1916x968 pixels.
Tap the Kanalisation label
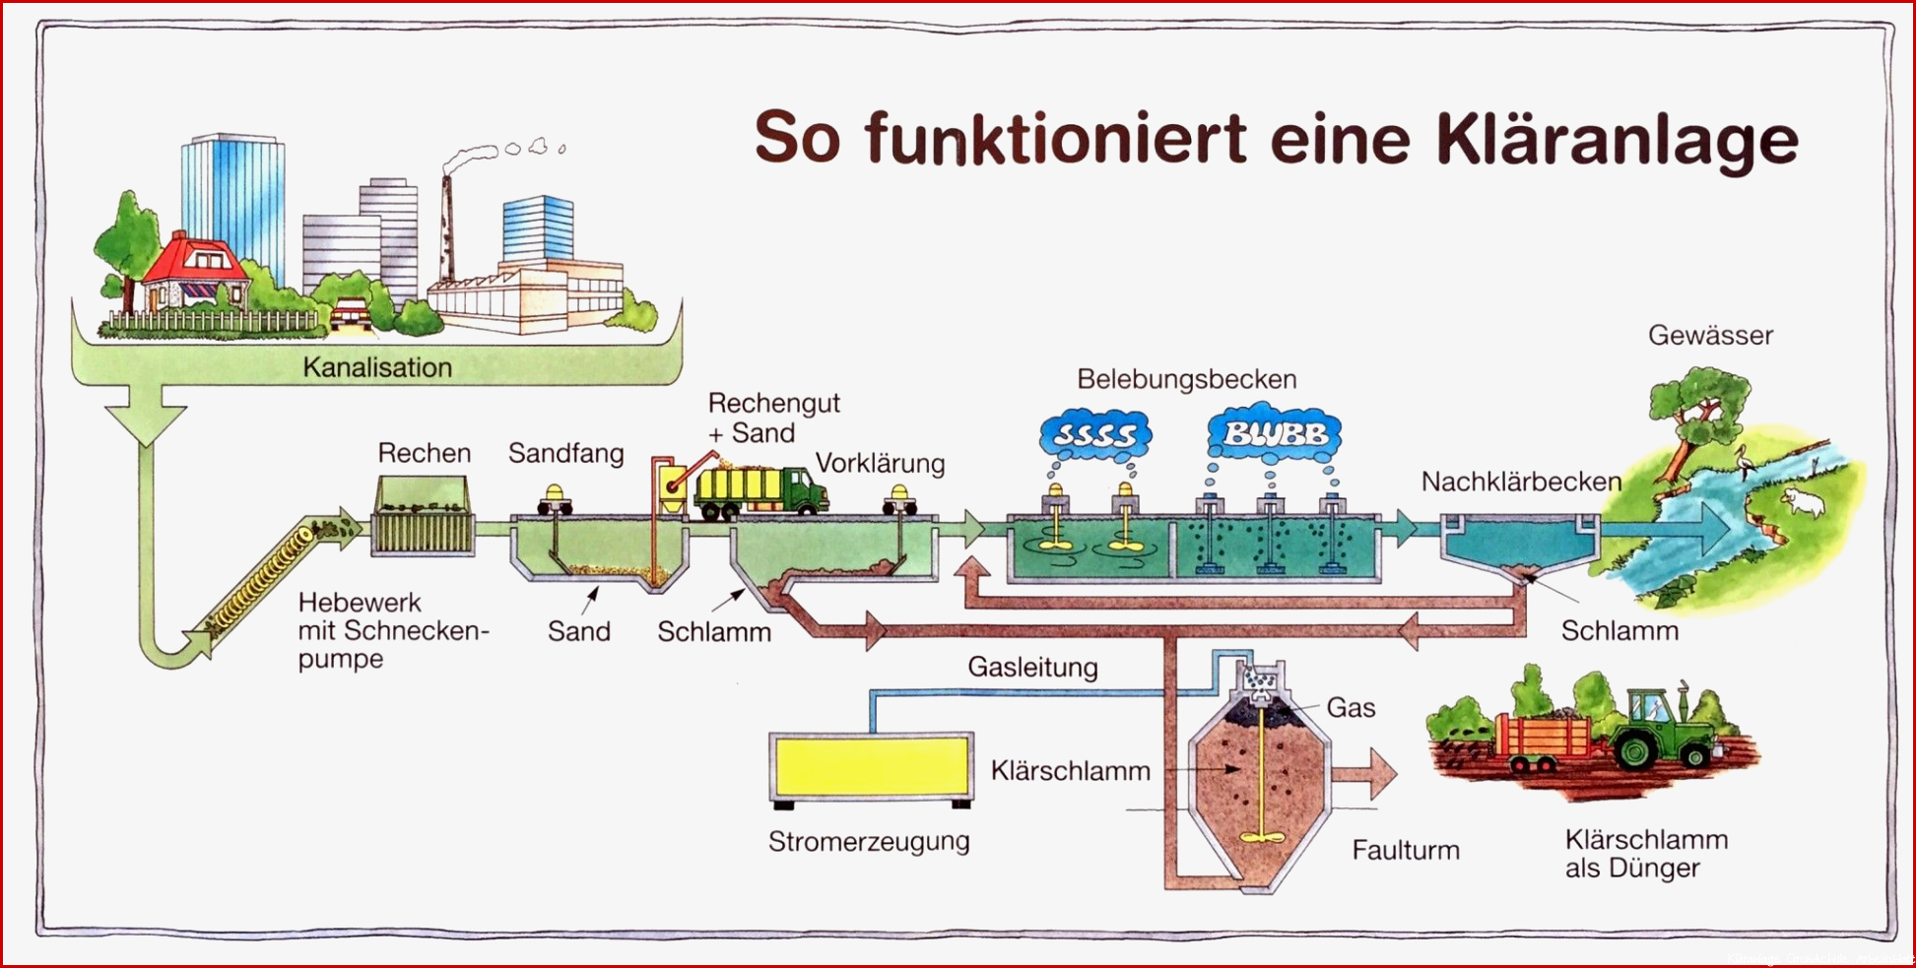pos(377,367)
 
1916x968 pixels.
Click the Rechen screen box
pos(423,517)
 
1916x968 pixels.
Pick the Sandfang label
pos(565,453)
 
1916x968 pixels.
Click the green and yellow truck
pos(760,490)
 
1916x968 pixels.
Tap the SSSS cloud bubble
pos(1094,434)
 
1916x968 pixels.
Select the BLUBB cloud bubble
pos(1274,433)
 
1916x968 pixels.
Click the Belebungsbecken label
pos(1186,379)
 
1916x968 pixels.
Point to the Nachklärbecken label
pos(1521,482)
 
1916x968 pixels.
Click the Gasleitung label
pos(1032,667)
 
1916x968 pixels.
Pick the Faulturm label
pos(1406,850)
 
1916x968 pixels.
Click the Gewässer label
pos(1710,335)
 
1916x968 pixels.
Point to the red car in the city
pos(350,314)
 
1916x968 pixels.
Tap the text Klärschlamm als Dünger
pos(1646,854)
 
